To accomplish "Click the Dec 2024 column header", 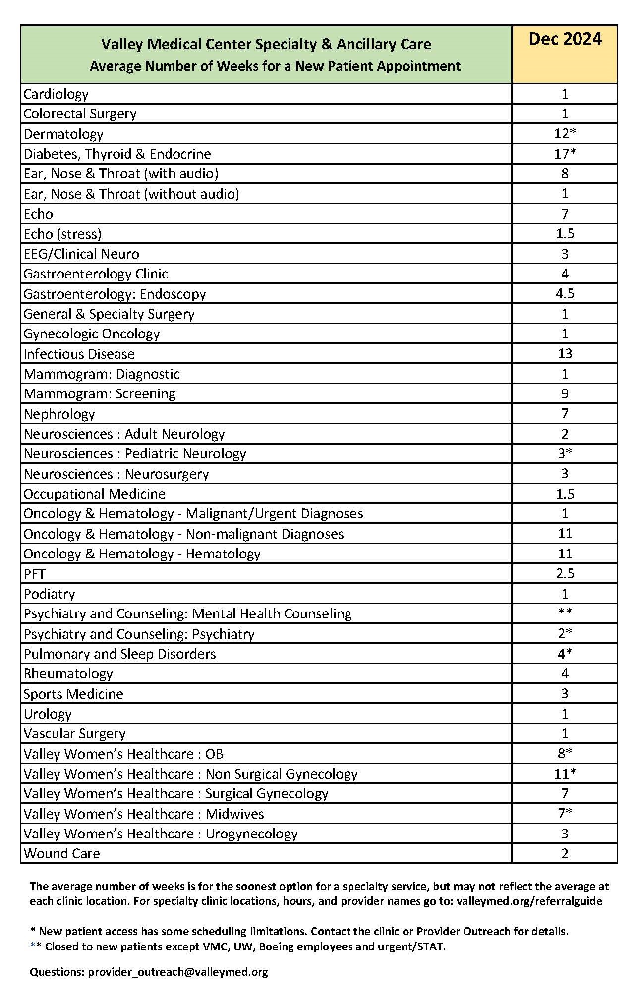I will pyautogui.click(x=565, y=39).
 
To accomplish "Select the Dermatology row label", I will pyautogui.click(x=63, y=134).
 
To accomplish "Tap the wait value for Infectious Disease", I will pyautogui.click(x=565, y=353).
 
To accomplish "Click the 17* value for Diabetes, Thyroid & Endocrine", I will pyautogui.click(x=565, y=154).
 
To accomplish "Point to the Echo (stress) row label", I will pyautogui.click(x=62, y=234).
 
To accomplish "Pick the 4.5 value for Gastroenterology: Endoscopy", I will pyautogui.click(x=565, y=293).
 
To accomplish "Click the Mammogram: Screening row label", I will pyautogui.click(x=100, y=394).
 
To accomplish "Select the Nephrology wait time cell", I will pyautogui.click(x=565, y=414).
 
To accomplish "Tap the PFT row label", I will pyautogui.click(x=35, y=574).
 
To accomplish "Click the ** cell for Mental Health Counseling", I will pyautogui.click(x=565, y=613).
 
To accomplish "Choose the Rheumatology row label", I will pyautogui.click(x=68, y=674).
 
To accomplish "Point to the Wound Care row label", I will pyautogui.click(x=62, y=853).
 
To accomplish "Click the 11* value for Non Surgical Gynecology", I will pyautogui.click(x=565, y=774).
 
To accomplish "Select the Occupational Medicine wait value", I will pyautogui.click(x=565, y=494).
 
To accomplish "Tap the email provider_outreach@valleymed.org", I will pyautogui.click(x=178, y=972).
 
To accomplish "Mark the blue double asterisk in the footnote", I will pyautogui.click(x=35, y=946).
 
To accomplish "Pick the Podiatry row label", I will pyautogui.click(x=50, y=594).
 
